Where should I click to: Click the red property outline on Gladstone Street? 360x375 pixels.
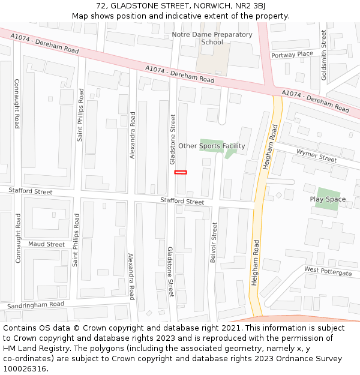click(181, 172)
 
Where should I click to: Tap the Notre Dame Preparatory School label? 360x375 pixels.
click(212, 38)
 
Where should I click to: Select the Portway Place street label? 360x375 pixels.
click(292, 55)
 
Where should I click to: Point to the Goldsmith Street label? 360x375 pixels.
click(324, 55)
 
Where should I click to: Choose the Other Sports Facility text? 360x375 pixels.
click(212, 146)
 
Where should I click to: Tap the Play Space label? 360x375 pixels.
click(328, 199)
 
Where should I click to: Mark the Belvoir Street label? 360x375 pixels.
click(214, 243)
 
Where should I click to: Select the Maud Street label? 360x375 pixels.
click(46, 244)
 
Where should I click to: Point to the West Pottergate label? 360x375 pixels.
click(328, 271)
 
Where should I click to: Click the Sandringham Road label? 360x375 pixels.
click(35, 305)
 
